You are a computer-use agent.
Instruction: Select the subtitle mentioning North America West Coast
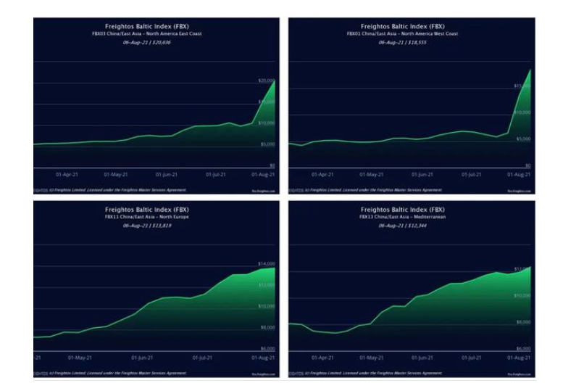tap(402, 34)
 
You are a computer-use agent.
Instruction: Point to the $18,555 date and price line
tap(402, 42)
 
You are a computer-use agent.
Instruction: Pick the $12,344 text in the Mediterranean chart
tap(402, 226)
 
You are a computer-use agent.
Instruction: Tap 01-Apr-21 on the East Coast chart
tap(67, 175)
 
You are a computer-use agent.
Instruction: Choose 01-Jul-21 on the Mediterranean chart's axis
tap(472, 358)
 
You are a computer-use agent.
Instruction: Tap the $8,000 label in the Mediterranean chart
tap(522, 322)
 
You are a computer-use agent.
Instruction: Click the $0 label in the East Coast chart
tap(271, 165)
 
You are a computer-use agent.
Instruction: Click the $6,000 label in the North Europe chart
tap(267, 348)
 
